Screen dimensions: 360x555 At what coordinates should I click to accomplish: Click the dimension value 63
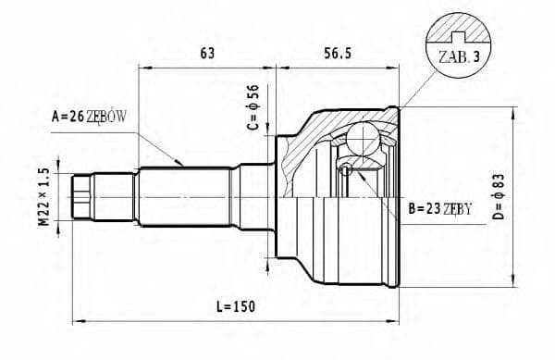tap(206, 54)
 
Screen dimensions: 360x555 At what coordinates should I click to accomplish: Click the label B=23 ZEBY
tap(440, 209)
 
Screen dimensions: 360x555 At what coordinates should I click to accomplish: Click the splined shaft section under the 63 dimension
tap(185, 194)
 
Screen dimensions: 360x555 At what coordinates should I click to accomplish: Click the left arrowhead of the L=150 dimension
tap(76, 321)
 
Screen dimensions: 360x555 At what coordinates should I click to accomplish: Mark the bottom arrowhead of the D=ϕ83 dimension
tap(513, 283)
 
